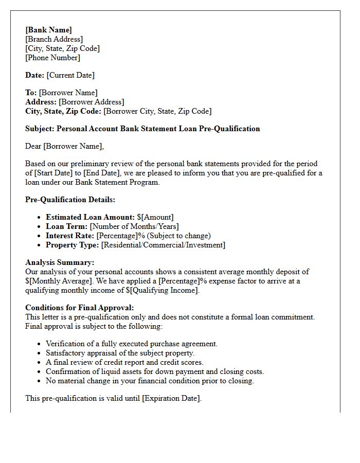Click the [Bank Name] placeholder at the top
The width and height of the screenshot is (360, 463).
(49, 30)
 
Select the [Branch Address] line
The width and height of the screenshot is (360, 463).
(54, 39)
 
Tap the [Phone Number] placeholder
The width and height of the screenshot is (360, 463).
(53, 58)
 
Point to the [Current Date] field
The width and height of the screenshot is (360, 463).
(70, 75)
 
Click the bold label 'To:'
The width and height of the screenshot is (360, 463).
(31, 93)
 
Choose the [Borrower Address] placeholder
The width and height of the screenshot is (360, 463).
(91, 102)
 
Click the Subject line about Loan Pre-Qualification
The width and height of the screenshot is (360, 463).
(142, 129)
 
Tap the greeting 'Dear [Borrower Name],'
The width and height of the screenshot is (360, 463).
(64, 146)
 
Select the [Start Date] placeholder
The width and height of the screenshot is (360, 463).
(56, 173)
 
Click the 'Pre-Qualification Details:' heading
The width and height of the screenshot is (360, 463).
(70, 200)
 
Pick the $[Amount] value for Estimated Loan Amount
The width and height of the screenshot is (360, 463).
(155, 217)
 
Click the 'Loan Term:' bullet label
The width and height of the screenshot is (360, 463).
(66, 226)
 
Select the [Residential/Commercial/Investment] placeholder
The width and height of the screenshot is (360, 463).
(163, 245)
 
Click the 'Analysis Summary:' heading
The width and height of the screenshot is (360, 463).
(60, 262)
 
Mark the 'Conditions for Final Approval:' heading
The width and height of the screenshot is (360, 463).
(79, 308)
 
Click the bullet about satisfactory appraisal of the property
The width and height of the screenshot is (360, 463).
(120, 353)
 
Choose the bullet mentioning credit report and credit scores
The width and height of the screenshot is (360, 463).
(124, 362)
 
